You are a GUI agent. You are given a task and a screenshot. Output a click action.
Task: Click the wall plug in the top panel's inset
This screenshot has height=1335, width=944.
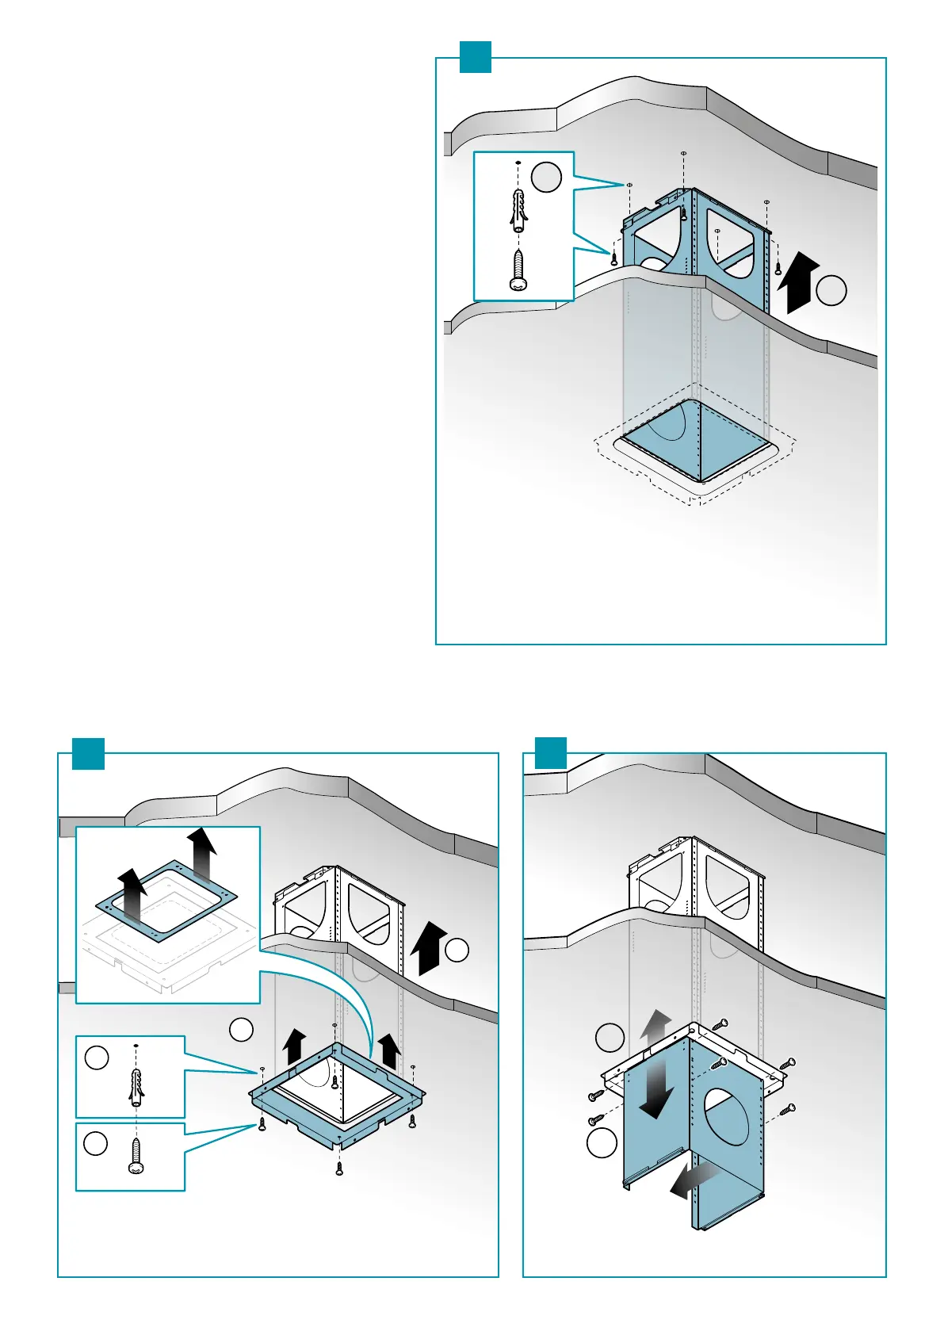[518, 210]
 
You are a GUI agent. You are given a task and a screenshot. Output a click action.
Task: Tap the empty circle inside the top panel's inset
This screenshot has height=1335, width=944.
[546, 176]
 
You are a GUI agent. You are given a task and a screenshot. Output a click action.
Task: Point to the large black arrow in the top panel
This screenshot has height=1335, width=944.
[797, 282]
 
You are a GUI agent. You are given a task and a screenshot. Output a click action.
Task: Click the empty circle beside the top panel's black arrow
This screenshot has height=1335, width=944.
[831, 291]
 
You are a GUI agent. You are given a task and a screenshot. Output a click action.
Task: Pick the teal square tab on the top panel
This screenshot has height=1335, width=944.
[476, 57]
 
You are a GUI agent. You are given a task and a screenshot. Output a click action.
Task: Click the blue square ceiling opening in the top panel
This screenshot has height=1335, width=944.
[696, 441]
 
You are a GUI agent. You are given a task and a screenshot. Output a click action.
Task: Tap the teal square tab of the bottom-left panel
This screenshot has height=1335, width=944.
[88, 753]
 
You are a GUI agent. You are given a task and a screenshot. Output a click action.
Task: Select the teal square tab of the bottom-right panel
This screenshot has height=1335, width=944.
[551, 753]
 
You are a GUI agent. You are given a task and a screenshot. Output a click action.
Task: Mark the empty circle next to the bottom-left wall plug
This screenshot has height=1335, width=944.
[97, 1058]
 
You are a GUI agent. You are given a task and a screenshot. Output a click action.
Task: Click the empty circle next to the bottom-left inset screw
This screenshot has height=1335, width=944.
[96, 1143]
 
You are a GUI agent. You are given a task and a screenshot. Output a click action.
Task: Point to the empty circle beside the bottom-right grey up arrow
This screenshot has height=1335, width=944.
[610, 1037]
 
